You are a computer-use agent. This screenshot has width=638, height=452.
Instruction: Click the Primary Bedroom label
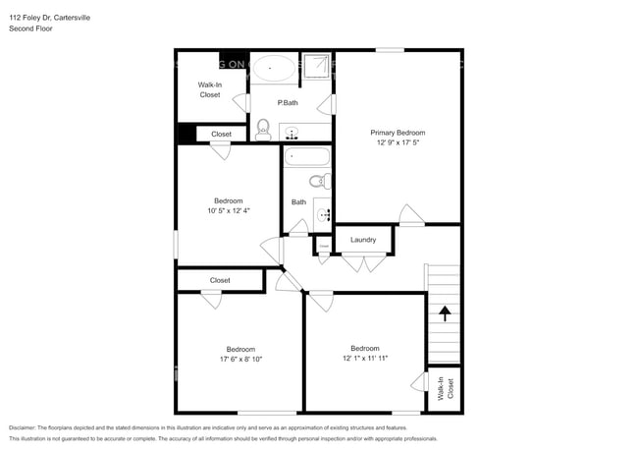(398, 132)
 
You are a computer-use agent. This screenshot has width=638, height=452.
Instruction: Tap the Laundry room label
(363, 239)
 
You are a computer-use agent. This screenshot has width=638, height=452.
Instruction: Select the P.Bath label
(288, 103)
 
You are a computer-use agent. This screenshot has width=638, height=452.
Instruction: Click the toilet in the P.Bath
(262, 129)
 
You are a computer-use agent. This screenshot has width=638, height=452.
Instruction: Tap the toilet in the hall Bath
(318, 181)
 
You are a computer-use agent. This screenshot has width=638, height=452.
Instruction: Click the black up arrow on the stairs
(444, 313)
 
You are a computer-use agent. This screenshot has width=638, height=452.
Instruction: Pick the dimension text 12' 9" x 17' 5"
(398, 143)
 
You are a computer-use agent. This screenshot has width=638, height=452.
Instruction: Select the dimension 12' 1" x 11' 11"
(364, 359)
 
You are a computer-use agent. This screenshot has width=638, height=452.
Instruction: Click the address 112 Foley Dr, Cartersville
(51, 17)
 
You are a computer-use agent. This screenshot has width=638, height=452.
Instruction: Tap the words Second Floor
(31, 28)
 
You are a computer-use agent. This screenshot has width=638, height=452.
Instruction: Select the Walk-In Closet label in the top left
(210, 89)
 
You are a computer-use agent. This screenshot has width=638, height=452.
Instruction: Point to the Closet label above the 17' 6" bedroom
(220, 280)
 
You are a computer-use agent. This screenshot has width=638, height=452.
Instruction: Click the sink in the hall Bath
(323, 211)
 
